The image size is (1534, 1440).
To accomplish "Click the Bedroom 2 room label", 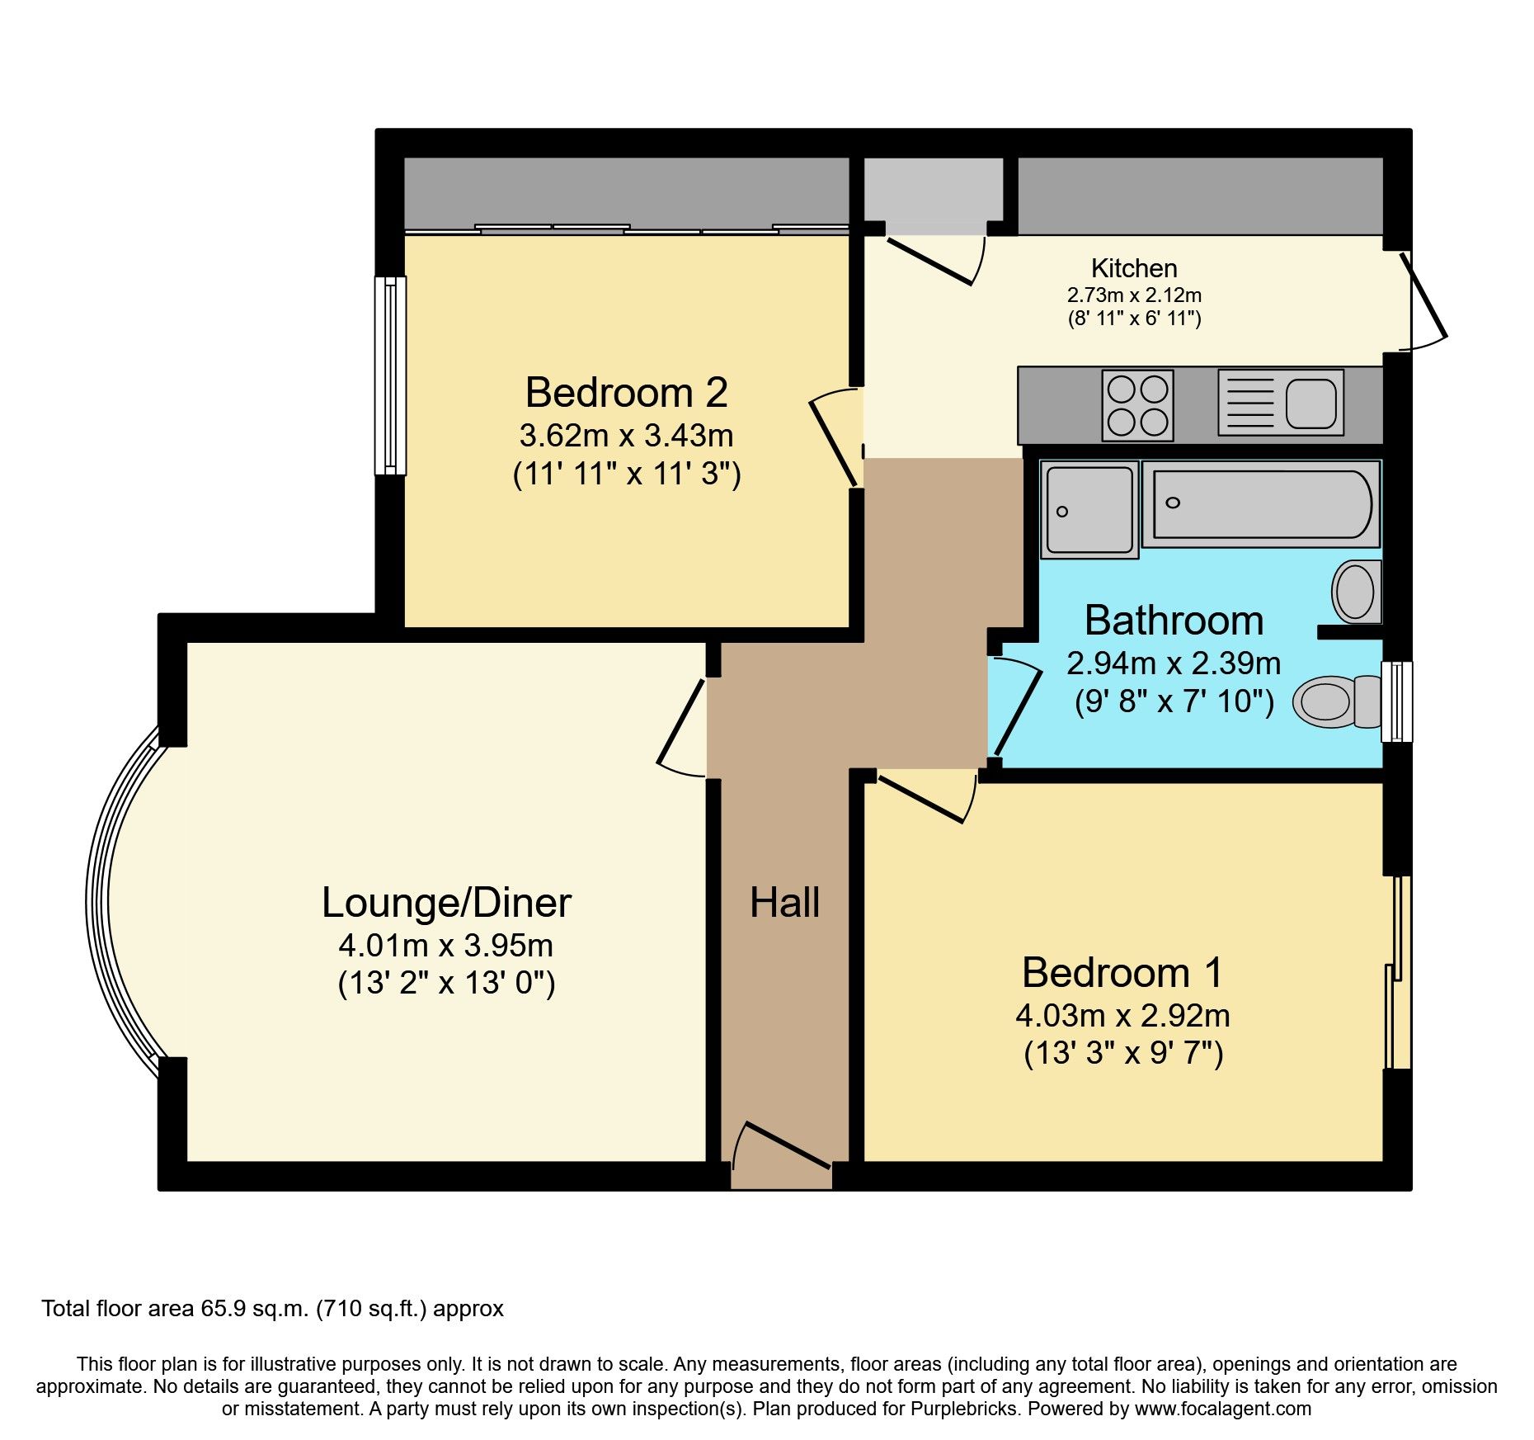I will [x=626, y=393].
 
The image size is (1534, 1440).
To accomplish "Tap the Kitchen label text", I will [x=1133, y=268].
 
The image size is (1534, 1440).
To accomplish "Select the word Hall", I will [x=784, y=902].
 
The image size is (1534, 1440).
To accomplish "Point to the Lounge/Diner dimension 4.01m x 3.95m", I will [x=445, y=945].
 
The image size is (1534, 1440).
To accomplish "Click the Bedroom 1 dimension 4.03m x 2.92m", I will [x=1122, y=1015].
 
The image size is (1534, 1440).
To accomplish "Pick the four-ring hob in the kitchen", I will [x=1137, y=405].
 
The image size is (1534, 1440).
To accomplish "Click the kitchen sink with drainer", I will [x=1280, y=403].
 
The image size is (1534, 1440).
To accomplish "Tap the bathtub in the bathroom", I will [x=1260, y=503].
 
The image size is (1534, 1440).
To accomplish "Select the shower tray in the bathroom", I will [x=1089, y=509].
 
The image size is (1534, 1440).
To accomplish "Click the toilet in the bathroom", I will [x=1336, y=701].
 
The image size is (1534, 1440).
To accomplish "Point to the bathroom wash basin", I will [x=1356, y=592].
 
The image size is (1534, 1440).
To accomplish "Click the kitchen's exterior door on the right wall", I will [x=1424, y=301].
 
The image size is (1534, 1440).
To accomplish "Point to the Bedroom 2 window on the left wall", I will [x=390, y=375].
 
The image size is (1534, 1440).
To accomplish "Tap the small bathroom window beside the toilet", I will [x=1396, y=701].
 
